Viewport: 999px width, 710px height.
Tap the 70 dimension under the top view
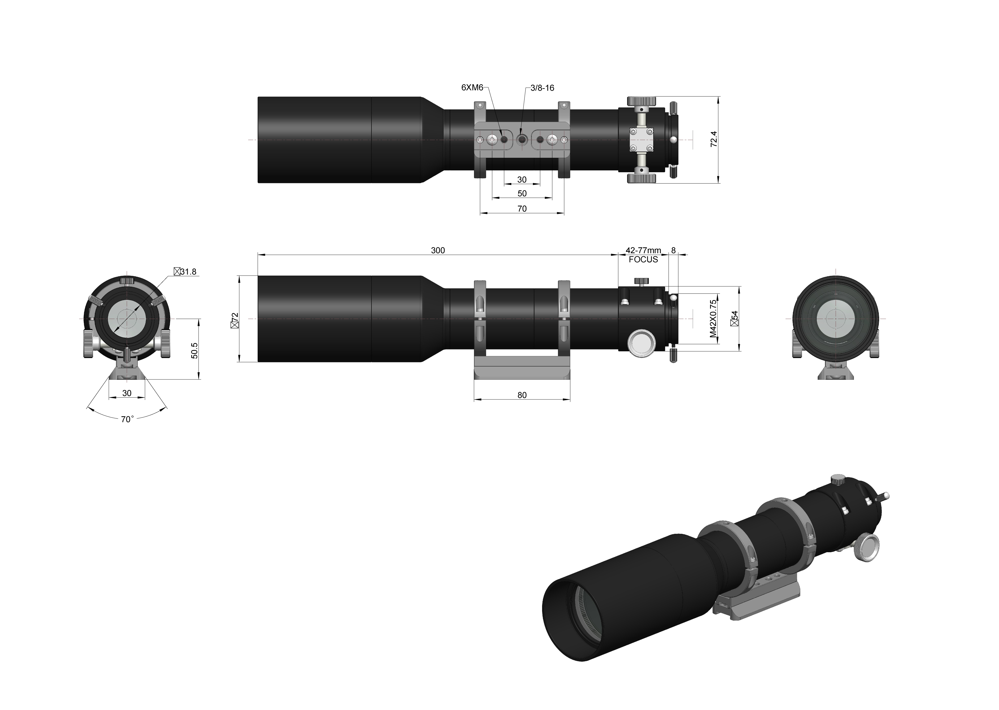(522, 209)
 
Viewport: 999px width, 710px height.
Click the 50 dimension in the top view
(522, 193)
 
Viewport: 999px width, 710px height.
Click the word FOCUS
(643, 260)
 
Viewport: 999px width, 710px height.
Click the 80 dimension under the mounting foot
(522, 395)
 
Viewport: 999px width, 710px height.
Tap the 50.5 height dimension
(195, 351)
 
